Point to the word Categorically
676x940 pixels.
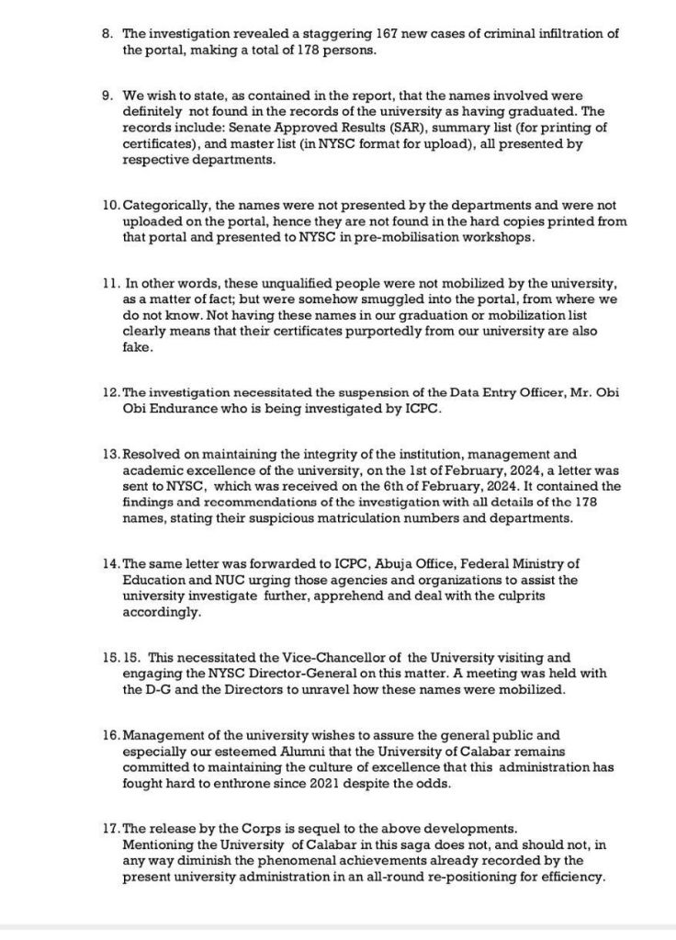click(x=166, y=206)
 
